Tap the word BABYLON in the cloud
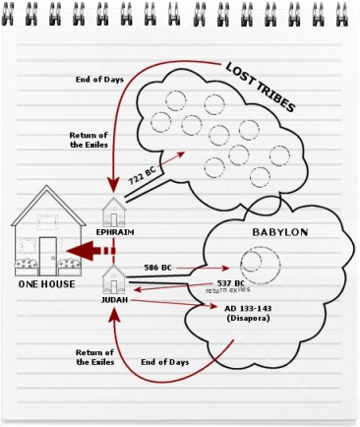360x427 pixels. coord(281,232)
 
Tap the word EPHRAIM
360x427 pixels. coord(115,232)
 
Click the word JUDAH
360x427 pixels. coord(115,301)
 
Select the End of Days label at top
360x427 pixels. coord(98,79)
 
